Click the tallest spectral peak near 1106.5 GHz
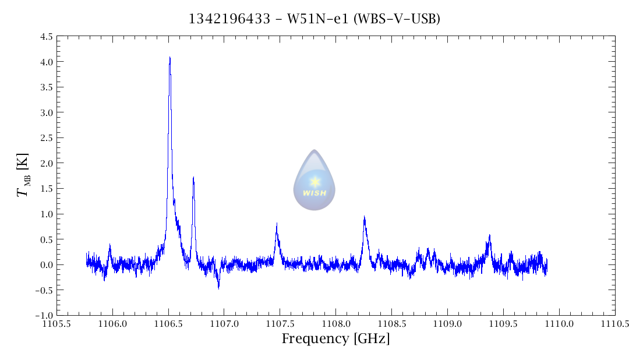(169, 58)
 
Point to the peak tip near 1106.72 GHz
(193, 178)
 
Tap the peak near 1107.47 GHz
(277, 224)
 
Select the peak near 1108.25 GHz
(364, 217)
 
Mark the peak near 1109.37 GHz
(490, 235)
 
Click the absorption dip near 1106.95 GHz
(218, 287)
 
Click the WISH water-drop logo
(314, 180)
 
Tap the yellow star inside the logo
(315, 182)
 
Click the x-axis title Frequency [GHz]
(335, 338)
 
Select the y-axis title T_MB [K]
(24, 175)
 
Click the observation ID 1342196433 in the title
(228, 19)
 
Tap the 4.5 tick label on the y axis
(46, 37)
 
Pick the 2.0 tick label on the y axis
(46, 163)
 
